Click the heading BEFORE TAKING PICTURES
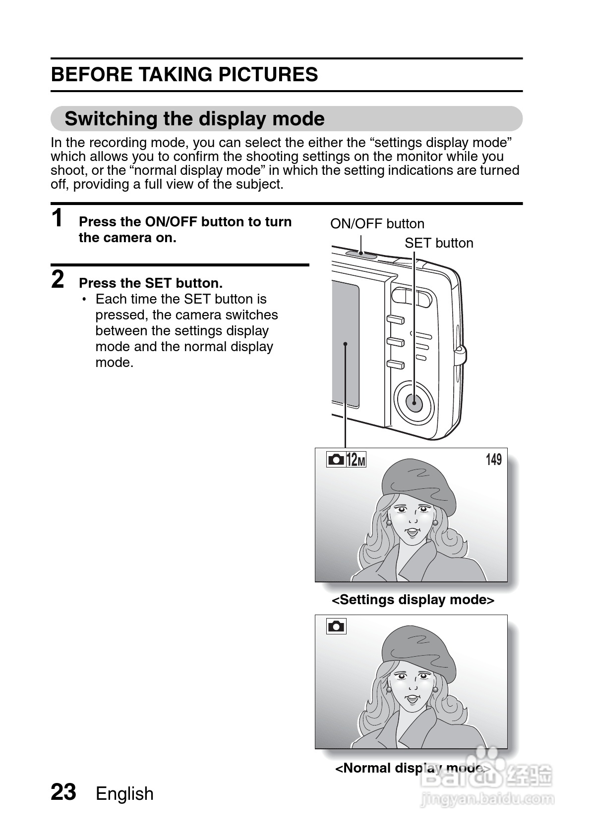184,75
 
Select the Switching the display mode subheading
194,119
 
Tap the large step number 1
58,218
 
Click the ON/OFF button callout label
377,224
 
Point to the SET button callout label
438,243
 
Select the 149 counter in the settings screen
493,460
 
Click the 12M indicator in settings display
355,460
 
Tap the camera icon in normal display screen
336,626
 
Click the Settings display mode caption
413,600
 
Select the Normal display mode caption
413,768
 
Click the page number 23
63,792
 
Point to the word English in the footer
124,794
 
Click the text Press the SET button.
151,283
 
